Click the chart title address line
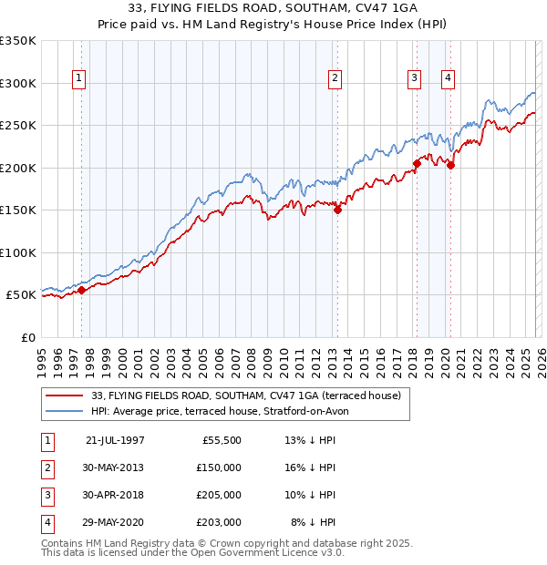[273, 8]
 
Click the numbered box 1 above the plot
[80, 79]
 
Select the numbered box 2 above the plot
[335, 79]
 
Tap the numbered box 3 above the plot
[414, 79]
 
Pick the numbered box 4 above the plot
[449, 79]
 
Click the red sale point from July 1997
[82, 290]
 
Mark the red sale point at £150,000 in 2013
[337, 210]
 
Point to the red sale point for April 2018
[417, 163]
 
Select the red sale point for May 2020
[450, 165]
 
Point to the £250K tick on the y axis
[18, 125]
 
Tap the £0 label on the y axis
[27, 337]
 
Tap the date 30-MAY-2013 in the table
[115, 467]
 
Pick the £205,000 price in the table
[219, 495]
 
